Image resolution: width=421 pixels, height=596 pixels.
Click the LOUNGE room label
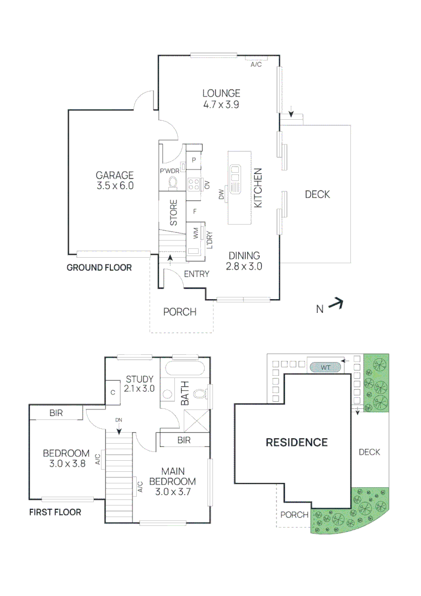pos(221,93)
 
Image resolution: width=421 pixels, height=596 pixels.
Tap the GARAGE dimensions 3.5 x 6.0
pos(115,185)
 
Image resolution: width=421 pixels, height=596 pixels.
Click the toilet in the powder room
pos(173,183)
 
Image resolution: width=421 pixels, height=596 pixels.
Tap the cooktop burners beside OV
pos(194,184)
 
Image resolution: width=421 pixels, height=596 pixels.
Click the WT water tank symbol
pos(326,368)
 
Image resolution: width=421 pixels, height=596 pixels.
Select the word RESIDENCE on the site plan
pos(297,443)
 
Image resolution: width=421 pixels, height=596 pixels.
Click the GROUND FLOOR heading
pos(99,268)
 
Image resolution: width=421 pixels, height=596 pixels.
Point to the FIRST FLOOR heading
pos(55,512)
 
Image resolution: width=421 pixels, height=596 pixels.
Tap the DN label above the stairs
pos(119,420)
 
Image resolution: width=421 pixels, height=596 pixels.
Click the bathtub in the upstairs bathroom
pos(185,369)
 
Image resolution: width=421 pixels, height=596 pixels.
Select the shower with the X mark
pos(196,421)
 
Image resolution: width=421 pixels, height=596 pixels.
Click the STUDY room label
pos(140,379)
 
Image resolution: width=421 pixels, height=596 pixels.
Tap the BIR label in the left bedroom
pos(56,413)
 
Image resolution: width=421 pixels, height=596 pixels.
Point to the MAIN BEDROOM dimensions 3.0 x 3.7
pos(173,492)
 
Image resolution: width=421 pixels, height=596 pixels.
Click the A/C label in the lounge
pos(256,65)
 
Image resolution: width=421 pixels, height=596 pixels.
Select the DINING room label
pos(244,256)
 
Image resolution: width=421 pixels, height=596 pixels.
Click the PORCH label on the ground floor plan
pos(180,312)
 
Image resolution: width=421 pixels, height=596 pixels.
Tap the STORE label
pos(173,213)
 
